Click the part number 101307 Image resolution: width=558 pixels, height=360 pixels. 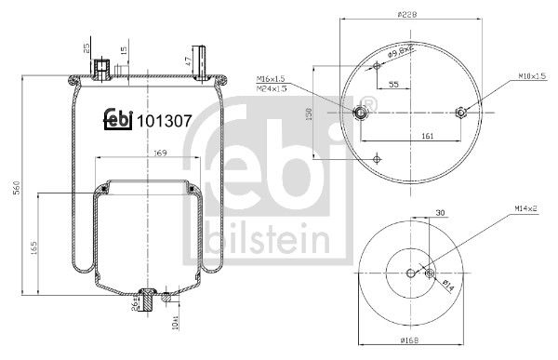(165, 119)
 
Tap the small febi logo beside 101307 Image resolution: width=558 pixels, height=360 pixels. (115, 119)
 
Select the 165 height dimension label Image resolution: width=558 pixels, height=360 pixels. (34, 248)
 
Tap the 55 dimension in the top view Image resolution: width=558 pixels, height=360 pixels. (393, 85)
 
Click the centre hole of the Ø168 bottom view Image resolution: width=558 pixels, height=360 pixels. (410, 272)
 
